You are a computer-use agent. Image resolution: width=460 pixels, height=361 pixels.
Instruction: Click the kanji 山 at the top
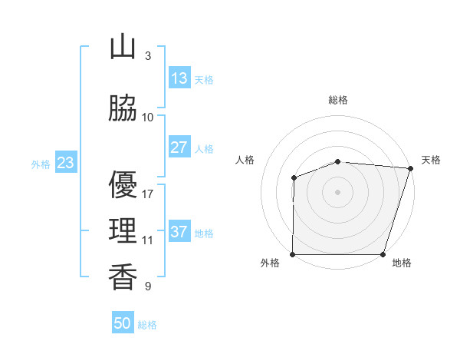pos(123,47)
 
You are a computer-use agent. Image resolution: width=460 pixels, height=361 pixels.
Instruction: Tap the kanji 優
pos(123,185)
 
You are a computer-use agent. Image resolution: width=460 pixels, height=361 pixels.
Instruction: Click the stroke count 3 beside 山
pos(147,56)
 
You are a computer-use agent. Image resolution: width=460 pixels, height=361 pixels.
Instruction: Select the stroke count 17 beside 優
pos(148,194)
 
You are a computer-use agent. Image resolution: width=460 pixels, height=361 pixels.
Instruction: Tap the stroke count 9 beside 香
pos(147,286)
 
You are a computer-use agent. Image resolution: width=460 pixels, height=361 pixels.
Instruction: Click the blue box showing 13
pos(179,78)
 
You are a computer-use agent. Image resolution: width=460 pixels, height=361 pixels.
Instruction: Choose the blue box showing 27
pos(179,147)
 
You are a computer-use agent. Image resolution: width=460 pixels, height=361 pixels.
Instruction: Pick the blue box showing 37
pos(179,232)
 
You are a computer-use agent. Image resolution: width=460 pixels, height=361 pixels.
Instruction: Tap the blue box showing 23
pos(65,163)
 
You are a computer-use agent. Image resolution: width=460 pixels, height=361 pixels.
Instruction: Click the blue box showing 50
pos(123,323)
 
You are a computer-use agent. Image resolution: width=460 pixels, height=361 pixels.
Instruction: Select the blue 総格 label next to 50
pos(147,325)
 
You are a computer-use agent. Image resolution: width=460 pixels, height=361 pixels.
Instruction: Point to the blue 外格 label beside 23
pos(41,164)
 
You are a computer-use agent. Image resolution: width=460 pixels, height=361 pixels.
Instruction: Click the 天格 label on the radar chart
pos(431,160)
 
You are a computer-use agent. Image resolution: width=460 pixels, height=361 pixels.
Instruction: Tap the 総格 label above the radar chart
pos(338,100)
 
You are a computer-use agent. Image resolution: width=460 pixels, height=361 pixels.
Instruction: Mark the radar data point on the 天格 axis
pos(410,168)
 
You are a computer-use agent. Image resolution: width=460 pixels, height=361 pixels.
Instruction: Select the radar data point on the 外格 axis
pos(293,254)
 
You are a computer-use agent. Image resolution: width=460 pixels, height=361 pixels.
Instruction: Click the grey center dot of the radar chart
pos(338,191)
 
